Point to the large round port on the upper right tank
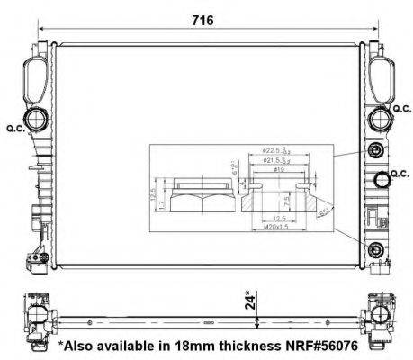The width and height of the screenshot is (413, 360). pos(377,118)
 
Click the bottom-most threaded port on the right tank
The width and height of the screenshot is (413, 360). pos(374,248)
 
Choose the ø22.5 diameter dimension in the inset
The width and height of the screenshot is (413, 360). pos(274,152)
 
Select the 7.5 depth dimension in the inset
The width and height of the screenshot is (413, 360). pos(286,200)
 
